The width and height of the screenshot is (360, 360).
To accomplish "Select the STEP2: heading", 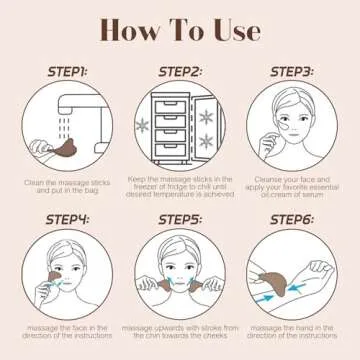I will pyautogui.click(x=181, y=73).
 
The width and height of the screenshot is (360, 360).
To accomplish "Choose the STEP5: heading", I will pyautogui.click(x=181, y=220).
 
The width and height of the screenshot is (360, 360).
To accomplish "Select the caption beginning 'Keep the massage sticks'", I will pyautogui.click(x=181, y=187).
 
